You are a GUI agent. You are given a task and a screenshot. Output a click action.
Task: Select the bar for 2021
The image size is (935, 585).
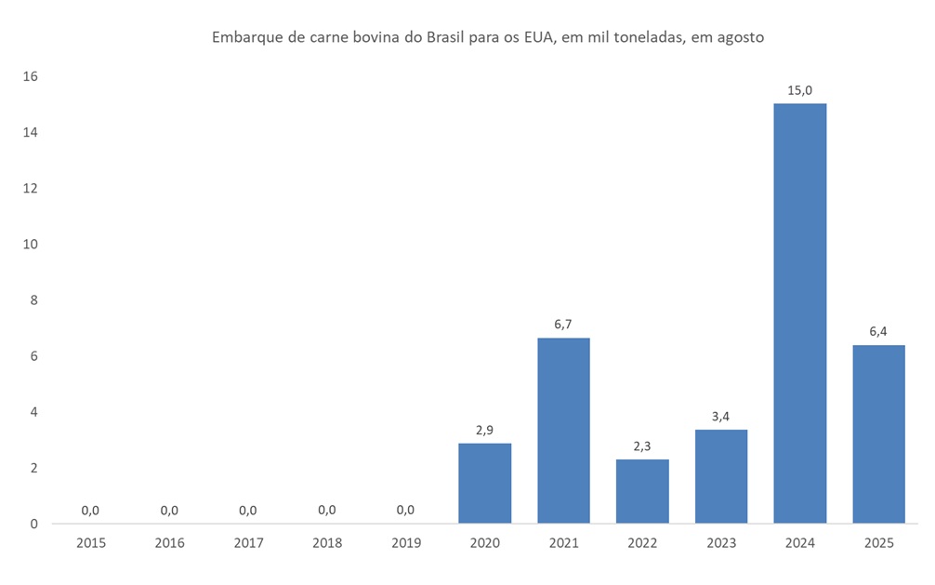click(x=563, y=430)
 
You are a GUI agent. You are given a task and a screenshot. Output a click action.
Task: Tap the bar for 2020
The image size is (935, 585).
click(x=484, y=483)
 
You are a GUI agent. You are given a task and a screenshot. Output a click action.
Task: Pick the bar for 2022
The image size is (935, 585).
click(x=642, y=491)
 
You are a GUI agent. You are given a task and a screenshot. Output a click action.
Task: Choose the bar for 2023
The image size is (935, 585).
click(x=720, y=476)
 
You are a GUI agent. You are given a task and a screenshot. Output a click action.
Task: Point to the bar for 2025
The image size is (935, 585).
click(x=878, y=433)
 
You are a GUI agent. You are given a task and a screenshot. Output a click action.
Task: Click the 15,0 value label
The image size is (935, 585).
click(x=799, y=90)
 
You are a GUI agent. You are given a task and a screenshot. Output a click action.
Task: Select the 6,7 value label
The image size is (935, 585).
click(x=563, y=324)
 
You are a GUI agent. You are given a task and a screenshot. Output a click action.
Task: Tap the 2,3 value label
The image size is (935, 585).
click(x=642, y=445)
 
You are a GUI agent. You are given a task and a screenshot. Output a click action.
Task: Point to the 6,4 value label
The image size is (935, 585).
click(x=878, y=331)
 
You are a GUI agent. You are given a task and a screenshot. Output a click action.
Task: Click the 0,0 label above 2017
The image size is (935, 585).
click(x=248, y=510)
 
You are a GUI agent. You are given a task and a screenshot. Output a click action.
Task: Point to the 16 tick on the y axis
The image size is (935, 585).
click(x=30, y=76)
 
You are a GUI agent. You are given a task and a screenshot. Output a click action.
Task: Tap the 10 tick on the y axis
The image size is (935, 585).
click(x=30, y=245)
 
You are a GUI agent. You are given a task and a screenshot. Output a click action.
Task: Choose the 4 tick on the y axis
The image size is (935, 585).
click(x=33, y=412)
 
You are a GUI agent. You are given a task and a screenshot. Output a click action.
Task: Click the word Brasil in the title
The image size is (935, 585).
click(x=449, y=38)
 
